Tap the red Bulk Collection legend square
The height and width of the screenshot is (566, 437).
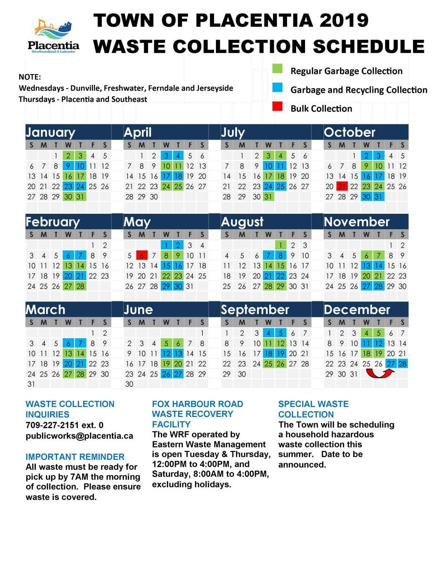click(277, 108)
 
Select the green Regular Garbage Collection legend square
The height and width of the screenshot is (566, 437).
click(277, 70)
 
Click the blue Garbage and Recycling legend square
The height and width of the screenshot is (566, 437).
click(277, 89)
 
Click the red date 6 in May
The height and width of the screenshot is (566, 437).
click(141, 256)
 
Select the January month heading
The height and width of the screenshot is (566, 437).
click(50, 133)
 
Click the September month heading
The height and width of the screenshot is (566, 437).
click(255, 310)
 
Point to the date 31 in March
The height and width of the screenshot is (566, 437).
click(31, 384)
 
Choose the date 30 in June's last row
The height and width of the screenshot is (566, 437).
click(129, 384)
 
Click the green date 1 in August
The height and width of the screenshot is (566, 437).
click(280, 245)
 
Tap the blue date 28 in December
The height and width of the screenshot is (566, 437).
click(402, 364)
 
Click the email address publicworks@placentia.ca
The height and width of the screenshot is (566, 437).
click(79, 436)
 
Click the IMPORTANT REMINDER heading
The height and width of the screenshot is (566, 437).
click(75, 457)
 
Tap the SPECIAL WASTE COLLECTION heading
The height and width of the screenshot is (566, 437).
click(313, 409)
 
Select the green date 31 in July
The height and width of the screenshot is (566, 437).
click(268, 197)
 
